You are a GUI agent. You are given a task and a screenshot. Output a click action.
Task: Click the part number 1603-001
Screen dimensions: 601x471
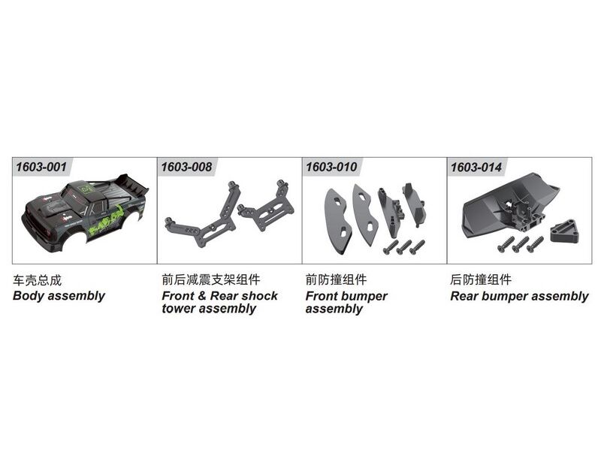tap(41, 167)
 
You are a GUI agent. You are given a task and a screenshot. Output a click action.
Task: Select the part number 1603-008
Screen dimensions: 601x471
tap(186, 167)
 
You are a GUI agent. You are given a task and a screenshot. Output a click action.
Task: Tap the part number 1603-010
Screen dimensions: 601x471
tap(331, 167)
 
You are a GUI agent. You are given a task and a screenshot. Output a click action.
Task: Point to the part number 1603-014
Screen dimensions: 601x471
tap(476, 167)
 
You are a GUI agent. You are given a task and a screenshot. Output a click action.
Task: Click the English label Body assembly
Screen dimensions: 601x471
tap(59, 296)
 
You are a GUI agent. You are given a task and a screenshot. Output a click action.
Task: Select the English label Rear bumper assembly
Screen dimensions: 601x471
tap(519, 296)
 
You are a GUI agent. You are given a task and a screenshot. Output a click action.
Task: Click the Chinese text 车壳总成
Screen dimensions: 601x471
tap(37, 280)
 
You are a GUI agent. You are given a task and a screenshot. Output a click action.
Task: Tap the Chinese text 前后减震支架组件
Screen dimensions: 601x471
tap(211, 279)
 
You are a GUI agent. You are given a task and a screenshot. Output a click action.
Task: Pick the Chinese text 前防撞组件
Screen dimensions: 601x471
tap(336, 279)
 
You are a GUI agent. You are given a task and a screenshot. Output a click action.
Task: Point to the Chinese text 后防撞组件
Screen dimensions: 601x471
tap(481, 279)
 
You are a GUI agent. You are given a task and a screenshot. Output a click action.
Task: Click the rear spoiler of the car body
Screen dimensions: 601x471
tap(132, 183)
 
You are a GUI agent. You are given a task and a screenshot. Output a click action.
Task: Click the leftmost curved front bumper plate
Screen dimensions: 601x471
tap(337, 220)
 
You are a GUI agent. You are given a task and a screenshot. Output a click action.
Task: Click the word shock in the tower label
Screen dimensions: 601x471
tap(260, 296)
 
